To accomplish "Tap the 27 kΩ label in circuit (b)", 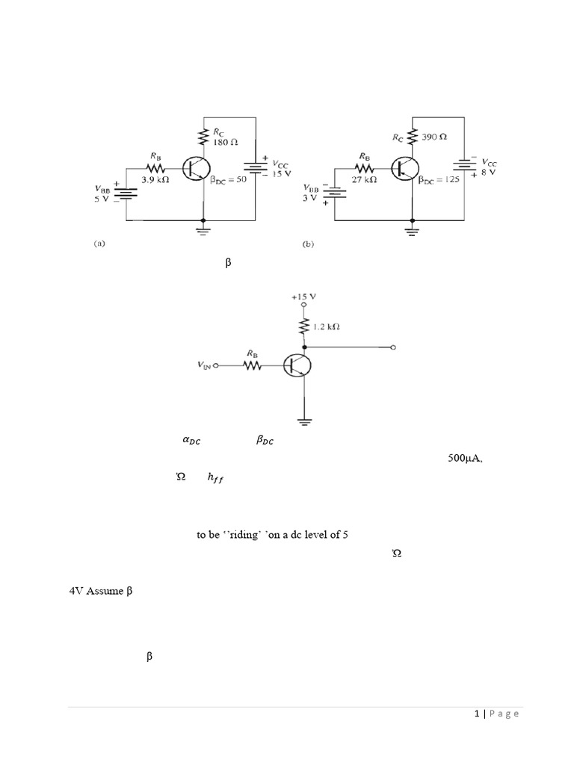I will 364,180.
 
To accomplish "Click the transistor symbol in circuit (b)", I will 404,169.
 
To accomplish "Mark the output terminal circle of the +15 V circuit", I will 393,347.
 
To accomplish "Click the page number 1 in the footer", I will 476,714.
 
